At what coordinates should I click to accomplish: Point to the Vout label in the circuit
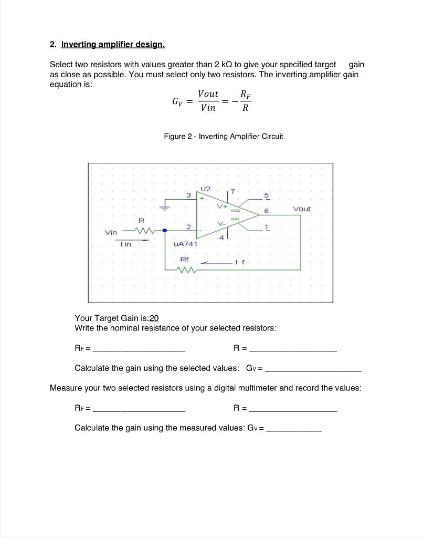coord(302,209)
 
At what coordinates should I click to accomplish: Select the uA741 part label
coord(184,244)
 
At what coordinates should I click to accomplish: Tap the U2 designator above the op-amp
coord(205,188)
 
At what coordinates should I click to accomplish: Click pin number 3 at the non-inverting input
coord(188,195)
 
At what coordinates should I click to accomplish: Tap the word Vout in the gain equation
coord(208,94)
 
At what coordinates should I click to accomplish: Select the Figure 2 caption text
coord(223,136)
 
